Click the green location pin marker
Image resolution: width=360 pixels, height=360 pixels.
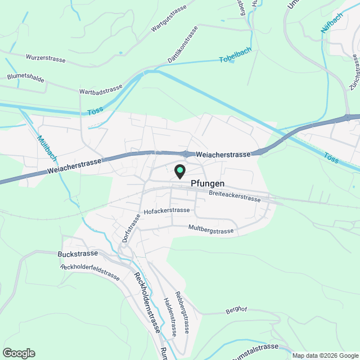(180, 170)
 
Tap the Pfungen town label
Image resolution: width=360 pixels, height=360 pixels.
(208, 183)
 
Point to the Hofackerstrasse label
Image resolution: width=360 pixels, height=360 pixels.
(167, 211)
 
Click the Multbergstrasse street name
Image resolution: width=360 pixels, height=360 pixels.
(211, 231)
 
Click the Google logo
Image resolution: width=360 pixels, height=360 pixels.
(19, 353)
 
